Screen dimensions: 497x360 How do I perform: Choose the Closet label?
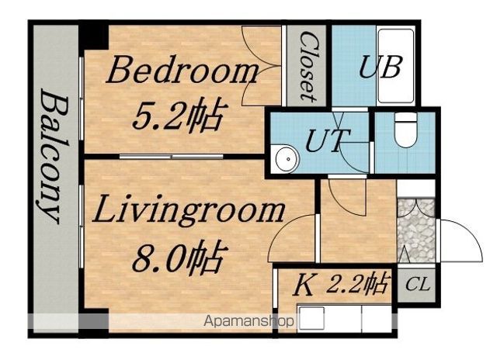pyautogui.click(x=308, y=67)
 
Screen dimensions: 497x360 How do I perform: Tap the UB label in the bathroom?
pyautogui.click(x=381, y=67)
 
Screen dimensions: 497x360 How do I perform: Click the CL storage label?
pyautogui.click(x=418, y=284)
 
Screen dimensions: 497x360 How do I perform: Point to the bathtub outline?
pyautogui.click(x=396, y=66)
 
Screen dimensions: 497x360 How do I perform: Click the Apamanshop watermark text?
pyautogui.click(x=248, y=322)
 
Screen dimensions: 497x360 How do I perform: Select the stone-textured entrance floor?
pyautogui.click(x=416, y=230)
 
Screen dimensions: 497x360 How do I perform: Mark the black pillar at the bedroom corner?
pyautogui.click(x=94, y=37)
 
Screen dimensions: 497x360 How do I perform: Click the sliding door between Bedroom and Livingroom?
pyautogui.click(x=171, y=157)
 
